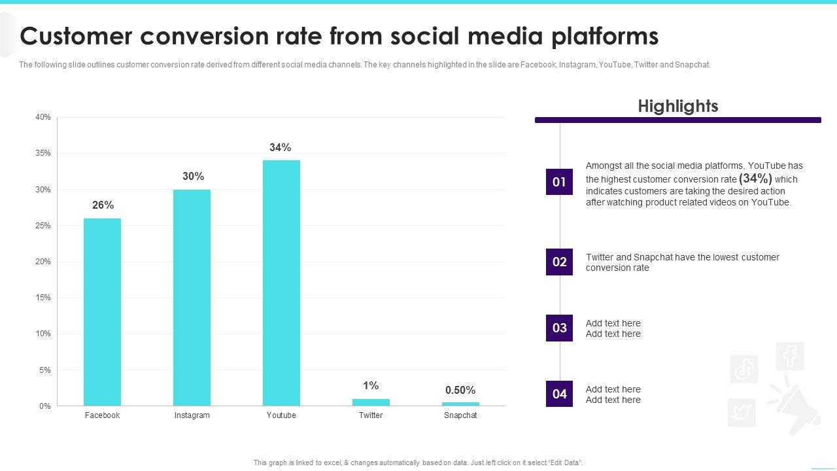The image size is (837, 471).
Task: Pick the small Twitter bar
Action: coord(371,402)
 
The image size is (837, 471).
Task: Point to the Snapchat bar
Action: coord(460,404)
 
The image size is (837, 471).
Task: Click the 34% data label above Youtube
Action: coord(281,148)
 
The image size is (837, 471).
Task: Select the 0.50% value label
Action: coord(460,391)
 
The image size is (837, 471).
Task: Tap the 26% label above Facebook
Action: coord(103,205)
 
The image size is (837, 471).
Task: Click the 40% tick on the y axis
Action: coord(43,118)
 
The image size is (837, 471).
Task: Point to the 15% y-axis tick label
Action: coord(43,298)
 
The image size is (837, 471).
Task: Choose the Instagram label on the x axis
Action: coord(192,415)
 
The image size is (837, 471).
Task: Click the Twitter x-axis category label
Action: coord(371,415)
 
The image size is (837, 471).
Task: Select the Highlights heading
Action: coord(678,106)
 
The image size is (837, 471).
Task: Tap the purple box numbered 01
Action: coord(559,182)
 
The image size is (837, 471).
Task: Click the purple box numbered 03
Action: coord(559,328)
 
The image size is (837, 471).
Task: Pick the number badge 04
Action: coord(559,394)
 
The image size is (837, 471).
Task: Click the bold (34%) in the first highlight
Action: coord(755,179)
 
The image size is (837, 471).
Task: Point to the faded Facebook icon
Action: coord(790,357)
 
